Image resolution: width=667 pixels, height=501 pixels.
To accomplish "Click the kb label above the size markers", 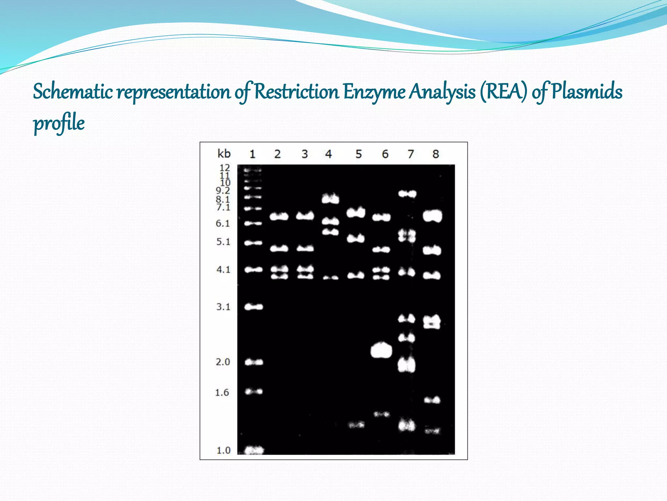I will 224,153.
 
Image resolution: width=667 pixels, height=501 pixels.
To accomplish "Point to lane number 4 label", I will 328,154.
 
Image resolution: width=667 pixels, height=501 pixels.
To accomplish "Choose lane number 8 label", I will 435,154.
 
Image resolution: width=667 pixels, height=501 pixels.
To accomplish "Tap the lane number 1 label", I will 252,154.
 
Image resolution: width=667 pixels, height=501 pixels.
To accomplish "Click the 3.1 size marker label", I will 223,307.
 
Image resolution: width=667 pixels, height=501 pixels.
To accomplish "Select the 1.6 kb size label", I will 222,392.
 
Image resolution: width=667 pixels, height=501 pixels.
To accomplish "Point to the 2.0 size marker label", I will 223,362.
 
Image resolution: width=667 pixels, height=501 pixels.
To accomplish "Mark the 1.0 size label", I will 223,450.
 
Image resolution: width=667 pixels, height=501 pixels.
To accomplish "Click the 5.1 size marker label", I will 223,242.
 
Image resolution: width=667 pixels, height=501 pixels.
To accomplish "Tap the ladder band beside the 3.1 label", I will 254,307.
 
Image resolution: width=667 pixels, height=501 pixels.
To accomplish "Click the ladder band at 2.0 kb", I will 254,362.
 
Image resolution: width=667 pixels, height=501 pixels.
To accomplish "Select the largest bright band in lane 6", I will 381,351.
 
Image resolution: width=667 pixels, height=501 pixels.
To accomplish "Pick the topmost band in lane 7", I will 407,194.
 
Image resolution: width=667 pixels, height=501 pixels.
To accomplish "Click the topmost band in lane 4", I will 330,198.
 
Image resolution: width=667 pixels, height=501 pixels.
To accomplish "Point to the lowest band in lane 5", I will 356,425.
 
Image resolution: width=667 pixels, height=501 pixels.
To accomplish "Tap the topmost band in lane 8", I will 432,216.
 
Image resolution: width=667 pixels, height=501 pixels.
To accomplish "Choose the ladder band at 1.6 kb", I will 254,391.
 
